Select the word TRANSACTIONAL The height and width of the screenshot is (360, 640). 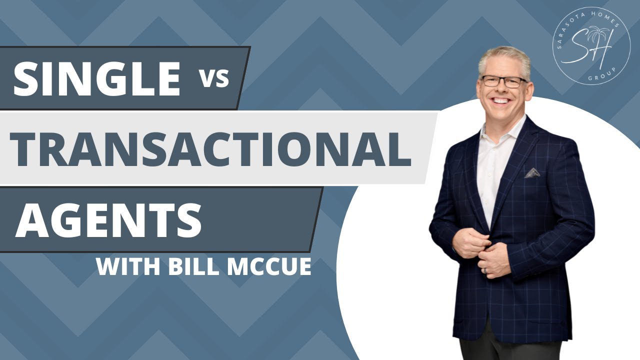coord(210,148)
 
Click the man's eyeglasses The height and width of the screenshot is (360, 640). coord(503,81)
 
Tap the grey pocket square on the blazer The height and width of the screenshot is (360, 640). coord(532,173)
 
